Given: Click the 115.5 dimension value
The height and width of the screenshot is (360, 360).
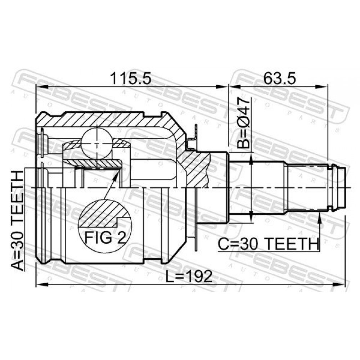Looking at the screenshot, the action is coord(131,78).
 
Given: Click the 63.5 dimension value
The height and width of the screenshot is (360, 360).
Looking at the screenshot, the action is coord(279,78).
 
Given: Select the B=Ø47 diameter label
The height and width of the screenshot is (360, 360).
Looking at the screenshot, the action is coord(243,123).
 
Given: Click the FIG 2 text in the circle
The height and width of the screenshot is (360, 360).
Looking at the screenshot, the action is coord(105,238).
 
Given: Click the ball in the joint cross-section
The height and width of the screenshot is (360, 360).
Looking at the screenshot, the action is coord(97,143).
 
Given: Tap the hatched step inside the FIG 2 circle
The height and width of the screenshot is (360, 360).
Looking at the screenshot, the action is coord(103,213).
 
